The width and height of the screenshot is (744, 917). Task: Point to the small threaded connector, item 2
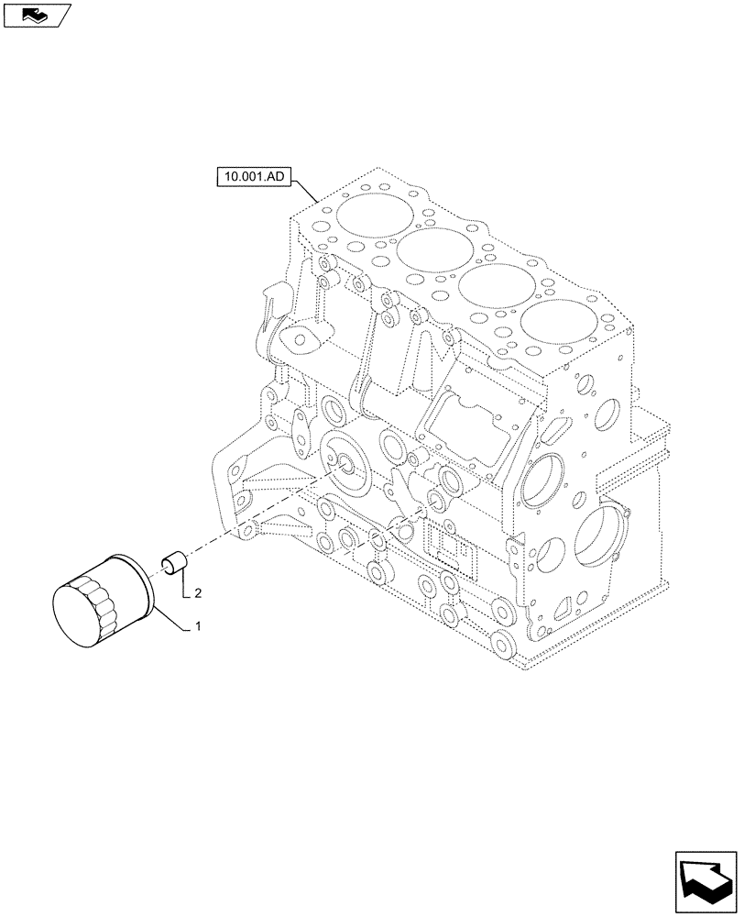tap(174, 562)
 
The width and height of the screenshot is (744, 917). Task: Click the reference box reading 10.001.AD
tap(253, 176)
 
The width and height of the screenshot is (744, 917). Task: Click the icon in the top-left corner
tap(37, 14)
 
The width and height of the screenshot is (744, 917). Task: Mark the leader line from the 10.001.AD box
tap(304, 189)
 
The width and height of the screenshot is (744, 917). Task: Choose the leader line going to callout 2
tap(185, 587)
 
